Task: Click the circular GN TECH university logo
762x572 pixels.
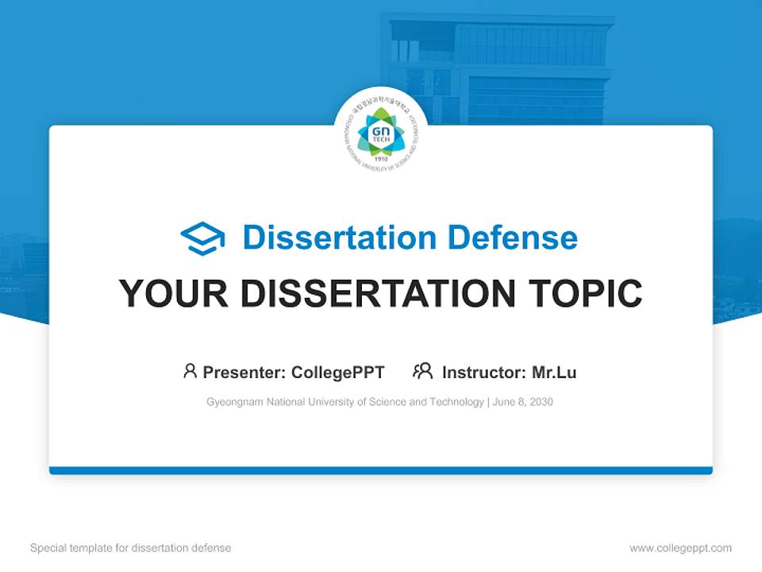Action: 381,133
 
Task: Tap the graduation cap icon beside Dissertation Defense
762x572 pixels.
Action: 202,238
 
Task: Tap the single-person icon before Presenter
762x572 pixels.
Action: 190,371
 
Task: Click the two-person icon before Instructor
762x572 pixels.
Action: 422,371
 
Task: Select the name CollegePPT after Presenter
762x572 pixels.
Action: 338,373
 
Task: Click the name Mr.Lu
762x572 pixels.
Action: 554,373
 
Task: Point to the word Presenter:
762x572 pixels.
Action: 244,373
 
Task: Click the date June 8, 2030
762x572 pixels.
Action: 523,402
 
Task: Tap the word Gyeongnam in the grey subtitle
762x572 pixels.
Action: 233,402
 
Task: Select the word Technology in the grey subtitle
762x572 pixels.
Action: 456,402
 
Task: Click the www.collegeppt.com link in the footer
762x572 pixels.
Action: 680,548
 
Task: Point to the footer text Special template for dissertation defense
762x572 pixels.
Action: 131,548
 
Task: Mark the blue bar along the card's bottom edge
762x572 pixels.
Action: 381,470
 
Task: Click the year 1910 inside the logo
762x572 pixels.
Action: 381,158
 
